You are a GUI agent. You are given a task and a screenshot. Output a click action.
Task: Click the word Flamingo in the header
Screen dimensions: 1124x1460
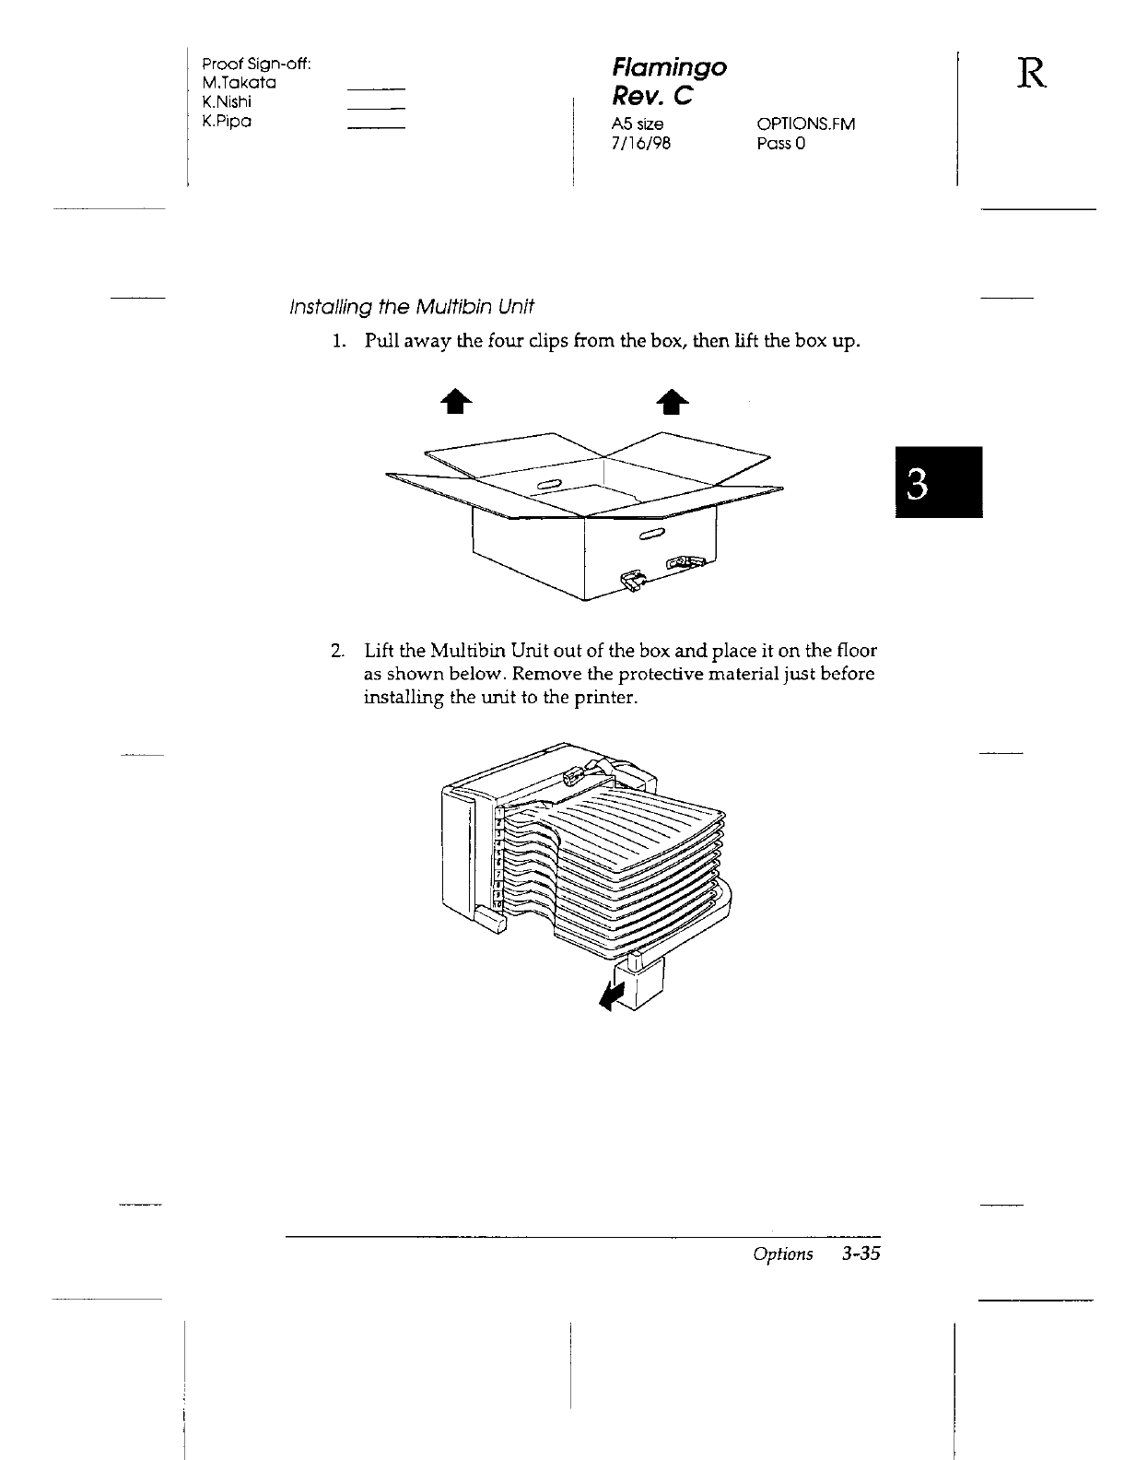click(x=669, y=68)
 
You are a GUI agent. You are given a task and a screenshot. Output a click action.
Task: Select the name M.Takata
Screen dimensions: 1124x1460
click(x=240, y=83)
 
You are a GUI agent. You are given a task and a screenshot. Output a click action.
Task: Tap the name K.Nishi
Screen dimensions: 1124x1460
click(x=227, y=102)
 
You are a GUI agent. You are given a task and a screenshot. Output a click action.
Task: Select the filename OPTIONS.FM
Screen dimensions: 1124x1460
click(x=805, y=124)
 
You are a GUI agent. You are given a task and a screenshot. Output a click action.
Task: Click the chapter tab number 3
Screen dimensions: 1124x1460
click(x=938, y=481)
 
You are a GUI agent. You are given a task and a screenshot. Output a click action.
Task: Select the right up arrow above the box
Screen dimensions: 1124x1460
click(x=673, y=403)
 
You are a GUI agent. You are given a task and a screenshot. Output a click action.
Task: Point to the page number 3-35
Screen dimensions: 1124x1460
click(x=860, y=1254)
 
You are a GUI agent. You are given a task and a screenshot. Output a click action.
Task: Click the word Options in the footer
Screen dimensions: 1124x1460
click(x=782, y=1254)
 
